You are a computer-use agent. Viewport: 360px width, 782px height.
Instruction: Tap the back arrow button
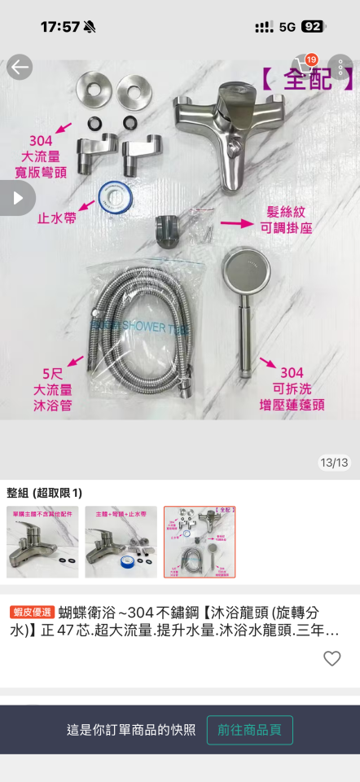[20, 67]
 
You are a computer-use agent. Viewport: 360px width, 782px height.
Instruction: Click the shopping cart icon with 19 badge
[304, 67]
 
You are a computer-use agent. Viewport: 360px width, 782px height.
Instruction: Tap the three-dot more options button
[340, 67]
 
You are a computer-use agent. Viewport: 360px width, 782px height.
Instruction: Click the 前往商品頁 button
[249, 730]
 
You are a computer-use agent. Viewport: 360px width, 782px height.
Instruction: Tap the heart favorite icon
[331, 658]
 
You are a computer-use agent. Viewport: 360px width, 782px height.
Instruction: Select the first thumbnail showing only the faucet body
[42, 542]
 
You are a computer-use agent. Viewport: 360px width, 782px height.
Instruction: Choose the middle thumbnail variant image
[121, 542]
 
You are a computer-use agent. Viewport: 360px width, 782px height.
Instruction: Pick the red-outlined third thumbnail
[200, 542]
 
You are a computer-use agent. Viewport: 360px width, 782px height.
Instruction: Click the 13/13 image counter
[334, 463]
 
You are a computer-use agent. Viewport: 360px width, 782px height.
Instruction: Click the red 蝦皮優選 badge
[32, 612]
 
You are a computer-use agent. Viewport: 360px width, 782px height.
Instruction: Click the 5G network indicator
[287, 26]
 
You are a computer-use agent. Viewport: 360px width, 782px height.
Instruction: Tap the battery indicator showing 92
[312, 26]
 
